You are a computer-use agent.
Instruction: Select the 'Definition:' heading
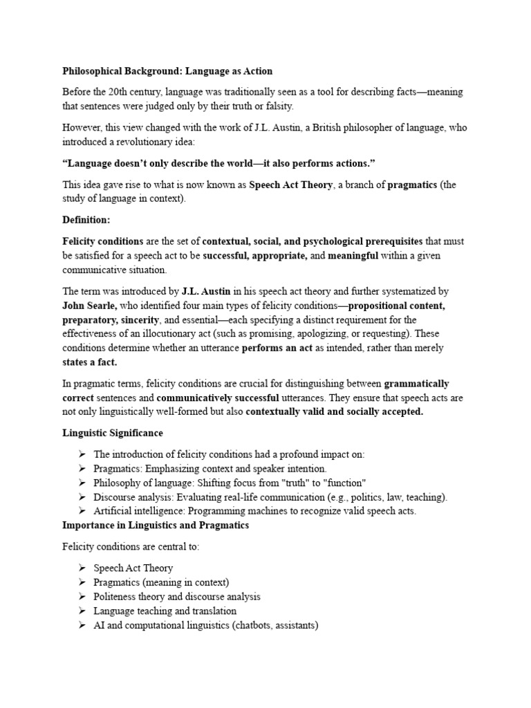[x=86, y=220]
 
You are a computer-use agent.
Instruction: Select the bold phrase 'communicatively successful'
[x=218, y=398]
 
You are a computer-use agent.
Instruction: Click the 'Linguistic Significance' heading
[x=113, y=433]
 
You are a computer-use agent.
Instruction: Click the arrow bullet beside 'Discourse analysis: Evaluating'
[x=82, y=496]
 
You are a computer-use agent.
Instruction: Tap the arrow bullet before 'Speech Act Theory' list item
[x=82, y=568]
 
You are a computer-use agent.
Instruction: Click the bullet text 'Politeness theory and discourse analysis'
[x=177, y=596]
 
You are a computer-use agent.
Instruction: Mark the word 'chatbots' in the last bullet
[x=253, y=625]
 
